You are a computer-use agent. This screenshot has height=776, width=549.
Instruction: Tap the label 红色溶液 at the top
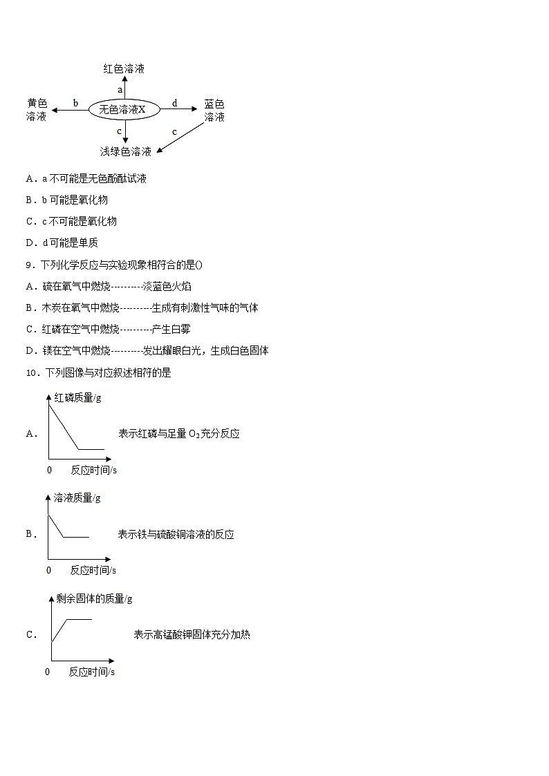pos(124,69)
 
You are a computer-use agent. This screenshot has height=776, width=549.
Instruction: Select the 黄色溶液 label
pos(37,110)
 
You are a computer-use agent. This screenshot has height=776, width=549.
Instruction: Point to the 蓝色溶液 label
pos(214,111)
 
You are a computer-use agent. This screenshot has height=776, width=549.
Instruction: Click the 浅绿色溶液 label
pos(125,152)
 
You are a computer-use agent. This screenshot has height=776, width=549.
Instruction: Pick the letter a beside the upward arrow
pos(120,90)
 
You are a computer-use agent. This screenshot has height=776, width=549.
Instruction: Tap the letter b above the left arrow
pos(75,103)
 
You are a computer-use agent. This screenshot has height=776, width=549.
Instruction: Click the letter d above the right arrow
pos(174,103)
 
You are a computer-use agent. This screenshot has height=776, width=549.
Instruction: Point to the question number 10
pos(32,373)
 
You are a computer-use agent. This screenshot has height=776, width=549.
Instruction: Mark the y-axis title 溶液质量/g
pos(77,498)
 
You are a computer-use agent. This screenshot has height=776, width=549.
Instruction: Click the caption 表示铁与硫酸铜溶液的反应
pos(176,534)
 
